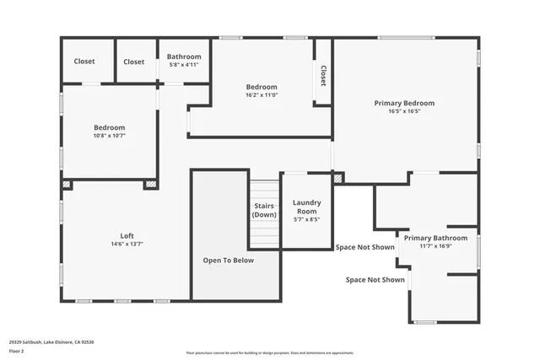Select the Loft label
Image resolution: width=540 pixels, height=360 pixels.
point(127,235)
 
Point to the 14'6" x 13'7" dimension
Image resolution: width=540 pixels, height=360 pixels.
point(127,244)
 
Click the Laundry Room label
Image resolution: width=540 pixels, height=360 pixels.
point(306,207)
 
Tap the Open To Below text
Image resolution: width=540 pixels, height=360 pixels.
point(228,261)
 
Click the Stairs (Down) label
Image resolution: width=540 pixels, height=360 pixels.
point(264,211)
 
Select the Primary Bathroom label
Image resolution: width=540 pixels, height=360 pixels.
point(435,238)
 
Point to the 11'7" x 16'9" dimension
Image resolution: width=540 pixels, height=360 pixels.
point(435,246)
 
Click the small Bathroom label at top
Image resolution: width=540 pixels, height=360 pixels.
point(183,56)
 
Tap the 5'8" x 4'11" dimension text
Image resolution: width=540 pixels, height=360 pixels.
point(183,65)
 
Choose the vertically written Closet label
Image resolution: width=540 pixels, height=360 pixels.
point(322,78)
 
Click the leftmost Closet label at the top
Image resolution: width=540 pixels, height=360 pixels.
point(84,62)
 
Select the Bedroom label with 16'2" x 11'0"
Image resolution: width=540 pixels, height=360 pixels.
point(261,87)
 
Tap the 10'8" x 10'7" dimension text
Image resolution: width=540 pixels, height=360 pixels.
point(109,136)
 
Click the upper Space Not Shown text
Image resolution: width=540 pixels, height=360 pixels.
point(364,247)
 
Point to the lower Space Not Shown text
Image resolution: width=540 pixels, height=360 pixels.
point(375,279)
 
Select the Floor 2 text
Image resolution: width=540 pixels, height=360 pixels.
point(17,351)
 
